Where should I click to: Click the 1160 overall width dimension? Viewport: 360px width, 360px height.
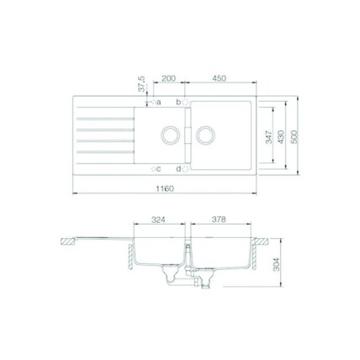coord(165,188)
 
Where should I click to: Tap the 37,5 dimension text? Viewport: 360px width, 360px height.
coord(143,84)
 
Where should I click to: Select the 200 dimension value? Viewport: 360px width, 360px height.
coord(168,78)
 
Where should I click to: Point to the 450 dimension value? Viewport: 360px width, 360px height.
coord(219,78)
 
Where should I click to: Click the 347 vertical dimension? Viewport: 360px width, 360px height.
coord(269,137)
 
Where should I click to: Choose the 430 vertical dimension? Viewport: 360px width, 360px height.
coord(281,137)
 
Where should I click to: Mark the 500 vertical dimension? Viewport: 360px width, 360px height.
coord(294,137)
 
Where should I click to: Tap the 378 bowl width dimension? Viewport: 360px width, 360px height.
coord(219,220)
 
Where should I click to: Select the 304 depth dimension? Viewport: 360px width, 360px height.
coord(277,264)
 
